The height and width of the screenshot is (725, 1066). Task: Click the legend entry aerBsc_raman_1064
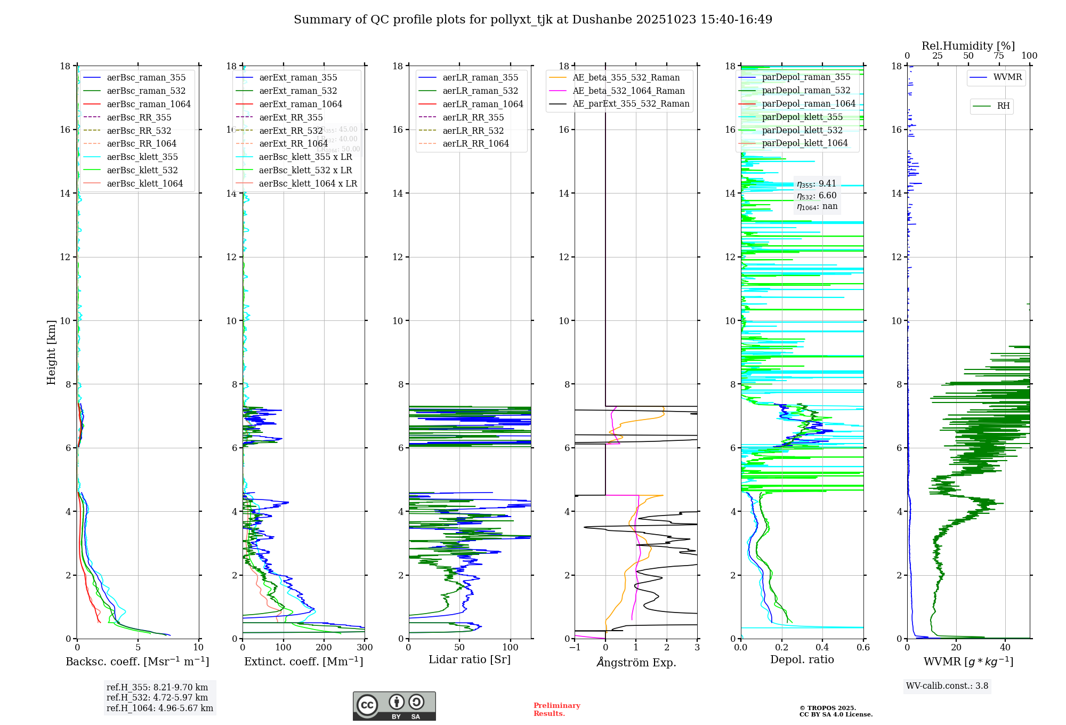(x=149, y=104)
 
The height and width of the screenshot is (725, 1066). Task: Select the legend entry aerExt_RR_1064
(x=293, y=143)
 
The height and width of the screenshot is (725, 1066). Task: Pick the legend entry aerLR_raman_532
(x=480, y=91)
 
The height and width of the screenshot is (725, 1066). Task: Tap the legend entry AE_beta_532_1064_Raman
(x=628, y=91)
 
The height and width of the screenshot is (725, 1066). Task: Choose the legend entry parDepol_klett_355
(x=802, y=117)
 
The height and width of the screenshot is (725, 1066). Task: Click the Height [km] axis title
(x=51, y=352)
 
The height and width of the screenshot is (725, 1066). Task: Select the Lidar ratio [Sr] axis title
(x=470, y=659)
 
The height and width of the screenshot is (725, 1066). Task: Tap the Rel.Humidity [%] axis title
(x=968, y=46)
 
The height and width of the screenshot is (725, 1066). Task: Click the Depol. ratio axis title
(x=802, y=659)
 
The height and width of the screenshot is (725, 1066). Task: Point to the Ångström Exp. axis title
(x=636, y=662)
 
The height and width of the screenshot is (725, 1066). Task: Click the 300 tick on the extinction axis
(x=365, y=647)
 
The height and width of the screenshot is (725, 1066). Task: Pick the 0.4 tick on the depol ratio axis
(x=822, y=647)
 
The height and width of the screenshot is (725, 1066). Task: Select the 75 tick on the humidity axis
(x=999, y=56)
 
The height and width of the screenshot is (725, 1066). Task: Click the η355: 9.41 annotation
(x=817, y=184)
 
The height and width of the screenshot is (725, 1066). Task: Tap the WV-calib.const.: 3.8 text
(x=947, y=686)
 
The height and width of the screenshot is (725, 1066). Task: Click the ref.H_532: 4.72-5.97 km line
(x=157, y=697)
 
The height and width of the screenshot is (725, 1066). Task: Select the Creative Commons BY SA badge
(x=394, y=706)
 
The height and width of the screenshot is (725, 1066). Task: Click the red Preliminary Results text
(x=556, y=709)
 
